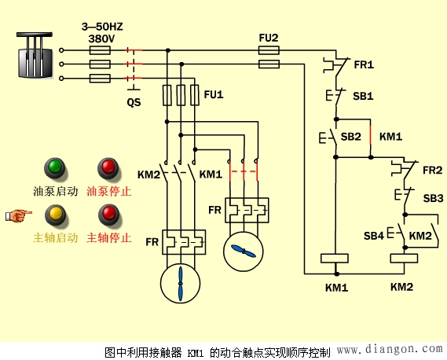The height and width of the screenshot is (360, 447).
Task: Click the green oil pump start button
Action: tap(55, 167)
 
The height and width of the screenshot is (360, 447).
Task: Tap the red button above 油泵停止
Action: tap(108, 167)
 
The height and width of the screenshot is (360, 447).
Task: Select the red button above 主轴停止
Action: tap(108, 214)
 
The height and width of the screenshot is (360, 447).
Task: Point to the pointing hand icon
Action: tap(20, 213)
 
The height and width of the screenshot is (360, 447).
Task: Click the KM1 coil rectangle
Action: tap(335, 259)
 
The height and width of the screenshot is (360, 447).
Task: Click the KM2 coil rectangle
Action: tap(402, 259)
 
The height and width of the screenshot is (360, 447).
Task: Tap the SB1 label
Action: tap(362, 96)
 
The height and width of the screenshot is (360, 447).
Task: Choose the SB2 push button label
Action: tap(350, 137)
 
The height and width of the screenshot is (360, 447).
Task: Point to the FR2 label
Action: tap(433, 170)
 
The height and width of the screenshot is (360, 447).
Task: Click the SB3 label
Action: tap(433, 199)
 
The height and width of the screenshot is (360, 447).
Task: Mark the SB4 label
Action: tap(374, 236)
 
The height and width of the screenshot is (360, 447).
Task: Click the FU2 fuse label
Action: tap(269, 37)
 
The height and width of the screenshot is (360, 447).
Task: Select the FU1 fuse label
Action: tap(213, 94)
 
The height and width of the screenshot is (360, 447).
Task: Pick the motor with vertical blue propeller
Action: tap(181, 283)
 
